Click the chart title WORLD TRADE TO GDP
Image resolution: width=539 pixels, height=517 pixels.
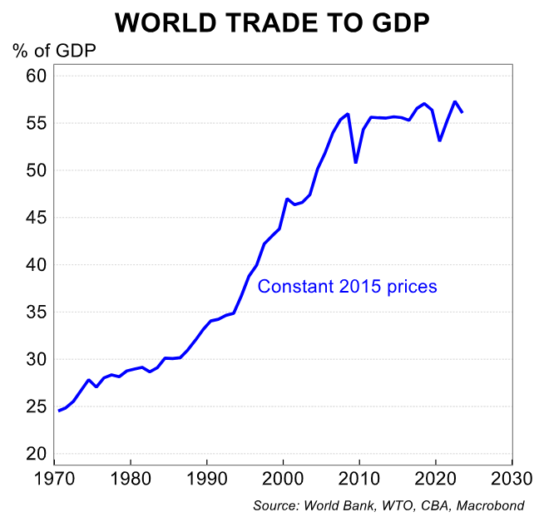(x=272, y=22)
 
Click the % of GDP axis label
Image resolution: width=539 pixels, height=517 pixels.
(x=54, y=52)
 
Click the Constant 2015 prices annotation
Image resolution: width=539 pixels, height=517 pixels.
(x=347, y=287)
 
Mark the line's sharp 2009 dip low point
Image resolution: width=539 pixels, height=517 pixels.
(x=356, y=162)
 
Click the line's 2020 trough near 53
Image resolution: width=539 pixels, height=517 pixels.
(x=439, y=140)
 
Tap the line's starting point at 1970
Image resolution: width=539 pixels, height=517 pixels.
(x=58, y=411)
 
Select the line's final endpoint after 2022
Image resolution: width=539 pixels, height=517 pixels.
(x=462, y=112)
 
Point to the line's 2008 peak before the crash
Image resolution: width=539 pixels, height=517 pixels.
(x=348, y=114)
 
